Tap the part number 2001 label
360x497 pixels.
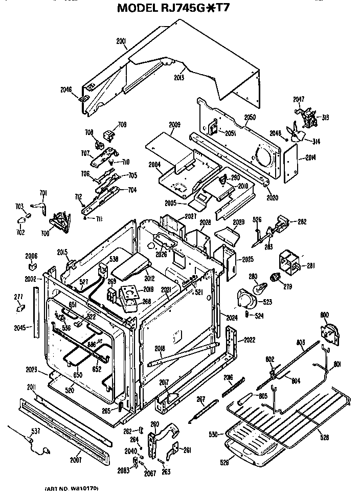122,41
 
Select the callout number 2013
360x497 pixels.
178,77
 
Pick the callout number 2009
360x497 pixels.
174,124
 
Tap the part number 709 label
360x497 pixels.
122,124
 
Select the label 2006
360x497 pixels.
31,256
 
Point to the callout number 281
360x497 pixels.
310,265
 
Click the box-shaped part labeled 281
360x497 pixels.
289,261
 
